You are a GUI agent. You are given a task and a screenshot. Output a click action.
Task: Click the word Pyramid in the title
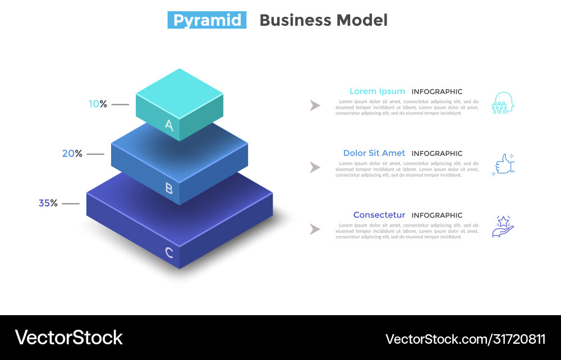[x=207, y=20]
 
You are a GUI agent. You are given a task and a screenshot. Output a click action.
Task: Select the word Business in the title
[x=295, y=20]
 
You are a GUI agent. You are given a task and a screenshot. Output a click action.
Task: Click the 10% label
[x=98, y=104]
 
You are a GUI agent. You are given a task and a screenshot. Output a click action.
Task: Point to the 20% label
[x=72, y=154]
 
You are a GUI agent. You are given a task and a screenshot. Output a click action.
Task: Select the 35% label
[x=48, y=203]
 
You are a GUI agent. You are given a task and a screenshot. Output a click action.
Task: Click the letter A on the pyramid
[x=169, y=126]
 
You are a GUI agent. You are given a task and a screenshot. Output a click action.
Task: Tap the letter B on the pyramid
[x=169, y=188]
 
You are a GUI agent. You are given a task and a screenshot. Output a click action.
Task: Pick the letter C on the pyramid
[x=169, y=253]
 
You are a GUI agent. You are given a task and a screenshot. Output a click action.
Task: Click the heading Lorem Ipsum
[x=377, y=91]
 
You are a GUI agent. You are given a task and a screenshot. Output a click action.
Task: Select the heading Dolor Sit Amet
[x=374, y=153]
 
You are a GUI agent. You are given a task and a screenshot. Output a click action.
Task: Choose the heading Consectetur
[x=379, y=215]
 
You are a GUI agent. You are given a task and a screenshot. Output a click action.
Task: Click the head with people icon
[x=503, y=103]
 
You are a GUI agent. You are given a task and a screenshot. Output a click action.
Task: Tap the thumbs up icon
[x=503, y=165]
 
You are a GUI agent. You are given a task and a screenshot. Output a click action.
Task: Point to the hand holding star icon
[x=503, y=227]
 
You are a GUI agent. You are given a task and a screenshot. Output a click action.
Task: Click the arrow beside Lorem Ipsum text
[x=315, y=105]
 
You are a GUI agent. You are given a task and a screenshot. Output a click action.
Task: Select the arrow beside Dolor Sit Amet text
[x=315, y=167]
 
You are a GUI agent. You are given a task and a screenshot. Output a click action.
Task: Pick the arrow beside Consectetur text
[x=315, y=229]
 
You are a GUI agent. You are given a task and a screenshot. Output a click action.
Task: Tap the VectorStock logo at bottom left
[x=68, y=338]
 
